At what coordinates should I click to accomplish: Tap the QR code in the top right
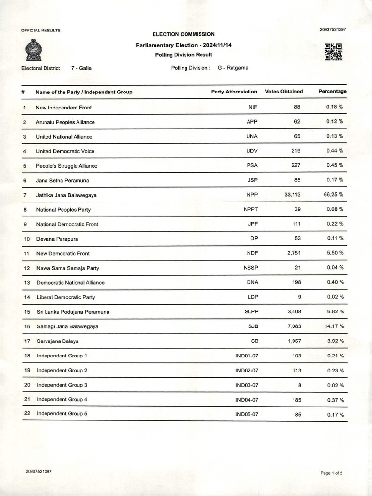pyautogui.click(x=333, y=51)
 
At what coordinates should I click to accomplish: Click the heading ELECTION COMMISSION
pyautogui.click(x=183, y=34)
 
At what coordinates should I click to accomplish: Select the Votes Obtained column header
pyautogui.click(x=284, y=92)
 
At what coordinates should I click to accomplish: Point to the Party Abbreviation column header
pyautogui.click(x=234, y=92)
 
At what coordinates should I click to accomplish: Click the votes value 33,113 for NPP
pyautogui.click(x=291, y=195)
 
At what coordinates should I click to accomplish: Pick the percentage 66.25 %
pyautogui.click(x=334, y=195)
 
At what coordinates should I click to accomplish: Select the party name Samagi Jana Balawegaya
pyautogui.click(x=67, y=326)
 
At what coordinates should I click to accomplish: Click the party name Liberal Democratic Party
pyautogui.click(x=66, y=297)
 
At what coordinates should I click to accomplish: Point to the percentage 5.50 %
pyautogui.click(x=335, y=253)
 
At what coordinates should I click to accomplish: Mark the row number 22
pyautogui.click(x=27, y=414)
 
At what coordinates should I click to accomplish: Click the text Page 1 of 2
pyautogui.click(x=332, y=473)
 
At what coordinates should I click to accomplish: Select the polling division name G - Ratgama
pyautogui.click(x=233, y=68)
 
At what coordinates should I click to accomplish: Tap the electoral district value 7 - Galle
pyautogui.click(x=81, y=68)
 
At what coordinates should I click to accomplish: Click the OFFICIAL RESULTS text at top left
pyautogui.click(x=41, y=30)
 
